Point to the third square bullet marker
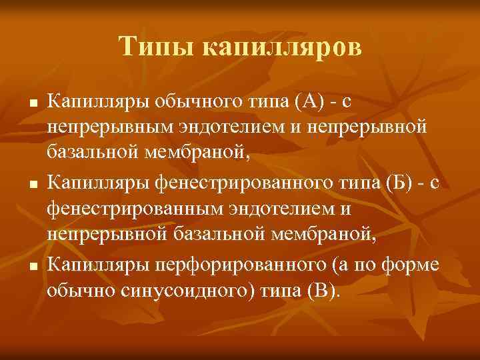[33, 260]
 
